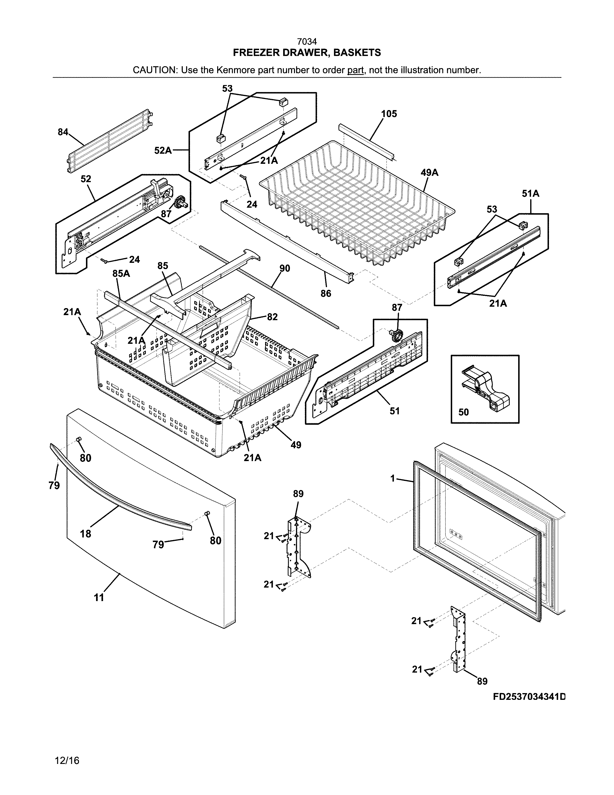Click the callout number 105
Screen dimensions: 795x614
(389, 114)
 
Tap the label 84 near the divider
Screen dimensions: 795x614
(63, 132)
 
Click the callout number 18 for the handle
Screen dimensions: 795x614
(85, 534)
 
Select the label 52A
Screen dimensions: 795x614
(163, 150)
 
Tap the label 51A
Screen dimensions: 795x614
(530, 194)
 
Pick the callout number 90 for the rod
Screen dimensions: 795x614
(285, 268)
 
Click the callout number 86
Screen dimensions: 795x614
(326, 293)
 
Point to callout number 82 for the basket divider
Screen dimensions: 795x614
(272, 317)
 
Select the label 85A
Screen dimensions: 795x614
(121, 273)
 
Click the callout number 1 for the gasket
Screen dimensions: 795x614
(392, 479)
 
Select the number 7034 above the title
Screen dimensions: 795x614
(307, 42)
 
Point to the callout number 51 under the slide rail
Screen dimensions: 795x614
(395, 411)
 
